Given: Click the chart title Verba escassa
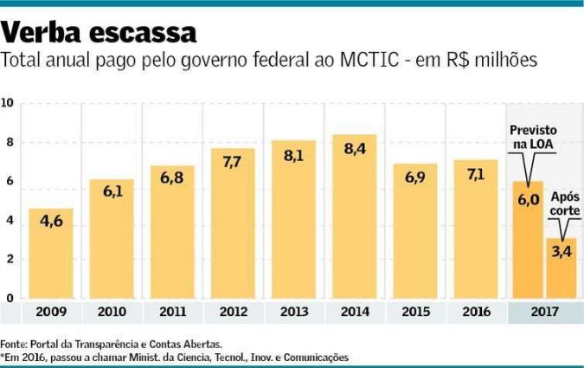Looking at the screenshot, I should click(99, 32).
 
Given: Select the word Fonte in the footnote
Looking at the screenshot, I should click(13, 344).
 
